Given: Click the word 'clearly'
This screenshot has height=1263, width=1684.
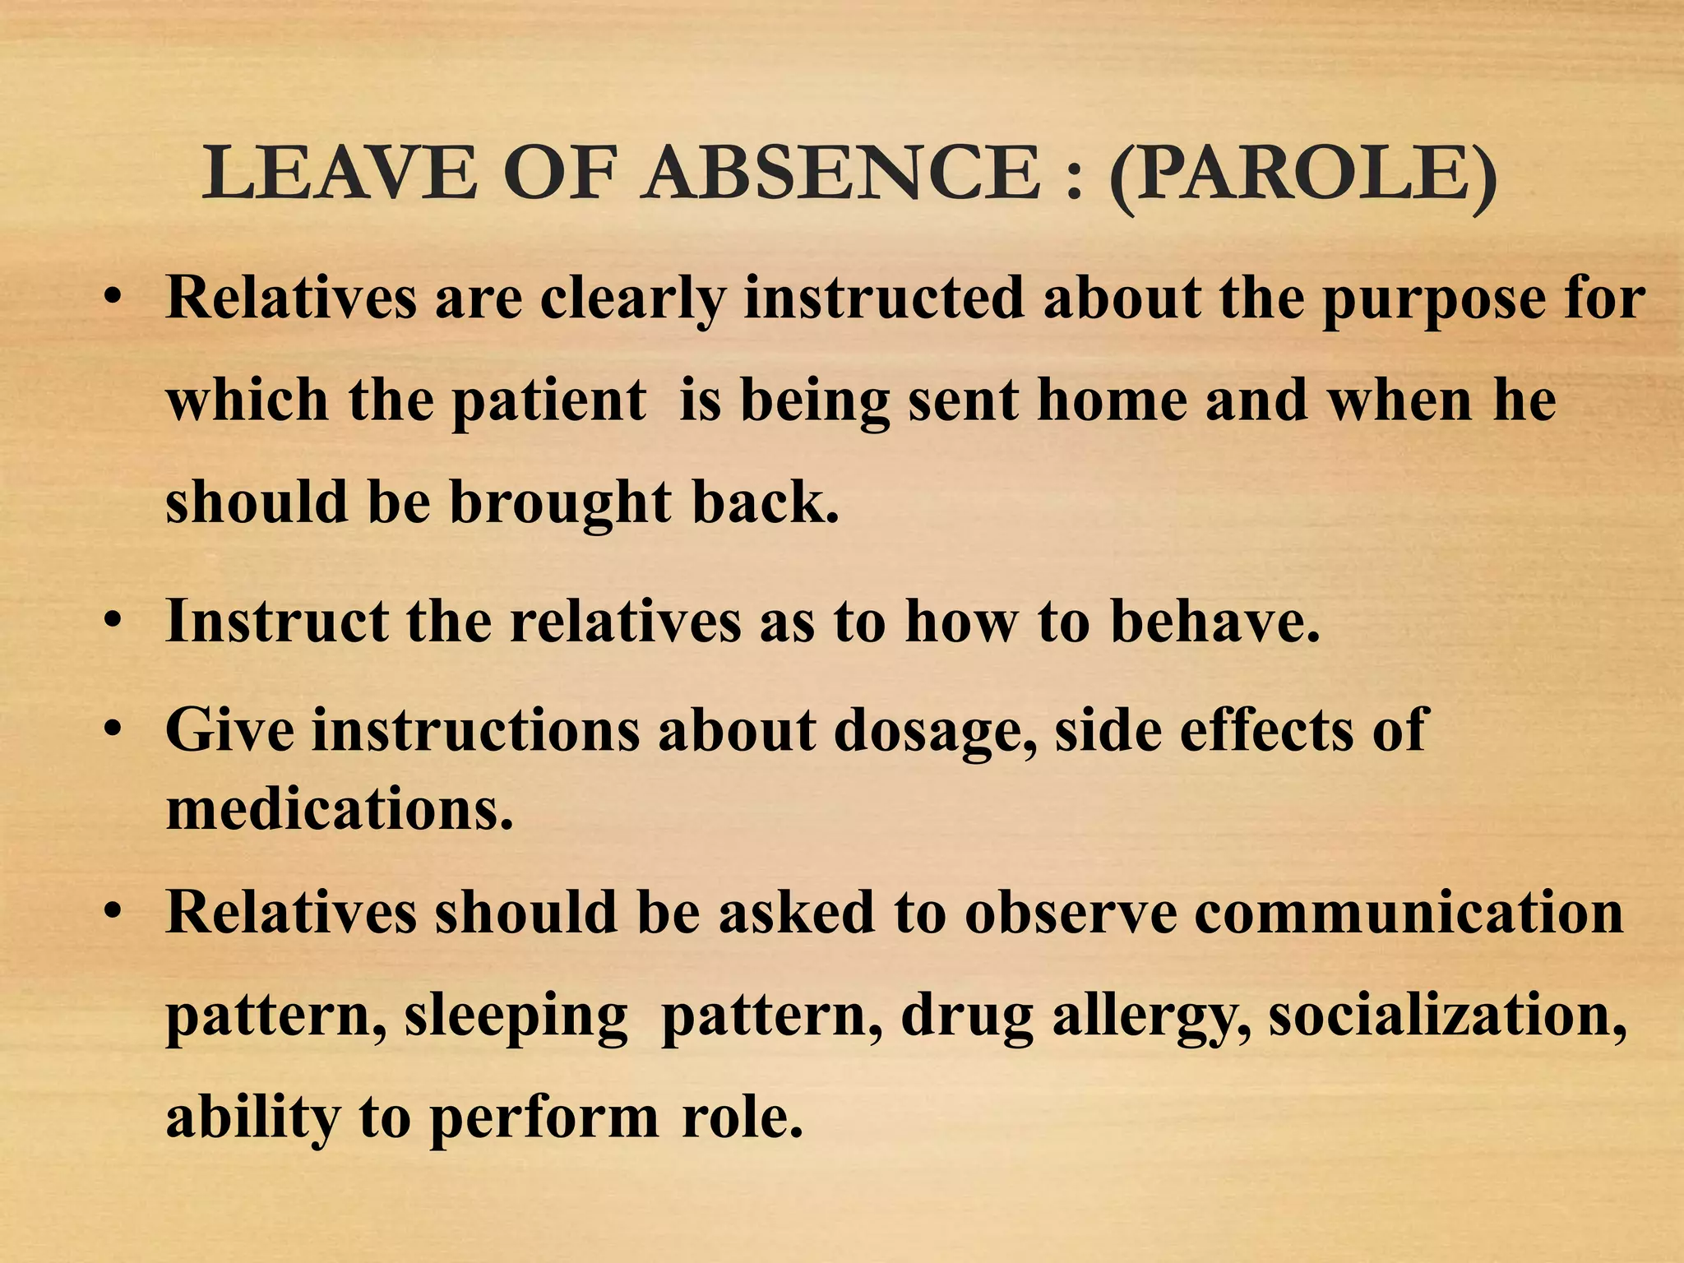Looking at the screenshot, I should (632, 298).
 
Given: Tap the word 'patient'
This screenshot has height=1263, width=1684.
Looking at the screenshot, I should (548, 402).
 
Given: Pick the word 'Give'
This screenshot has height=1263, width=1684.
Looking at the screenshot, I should (229, 729).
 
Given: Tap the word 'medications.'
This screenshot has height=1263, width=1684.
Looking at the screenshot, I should (340, 809).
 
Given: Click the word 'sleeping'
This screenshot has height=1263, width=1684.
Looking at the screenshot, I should (516, 1018).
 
